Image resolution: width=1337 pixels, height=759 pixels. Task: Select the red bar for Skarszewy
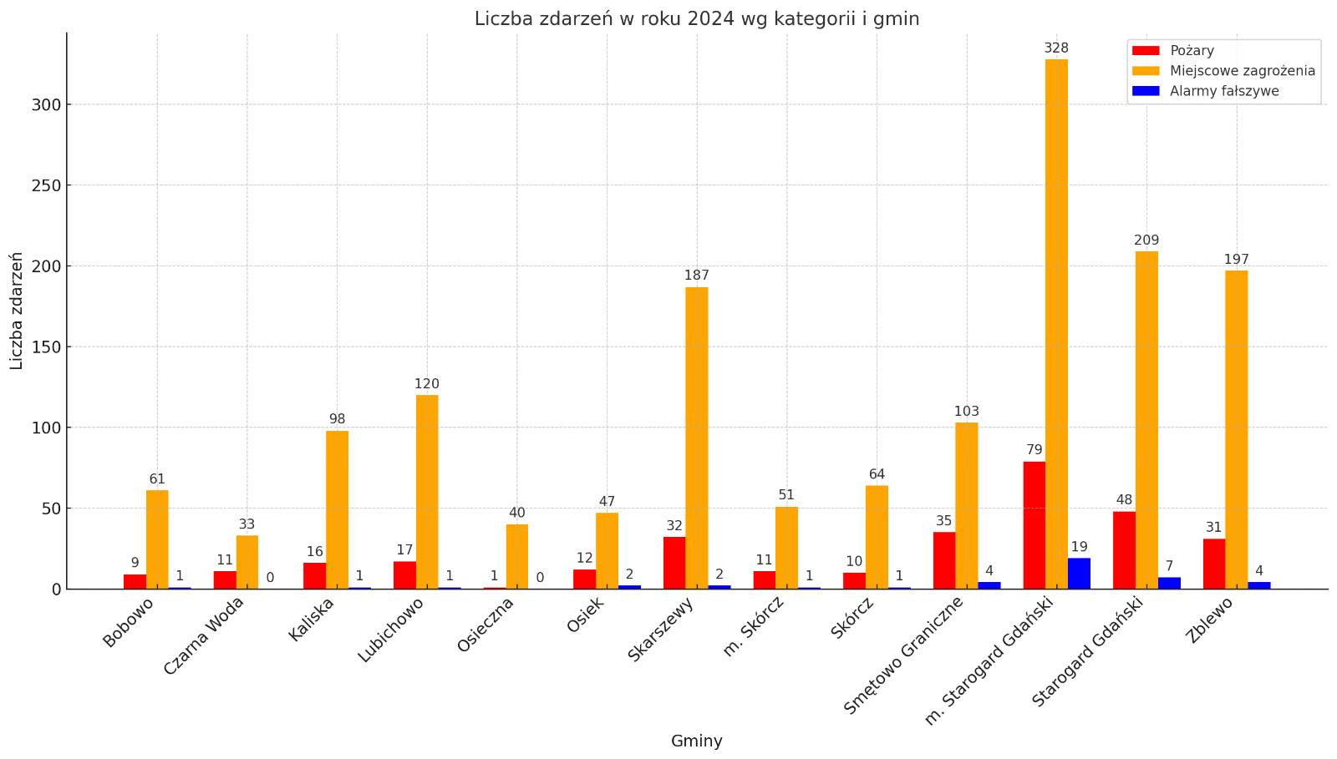(674, 563)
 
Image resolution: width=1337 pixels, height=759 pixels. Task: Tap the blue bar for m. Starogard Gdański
(1079, 574)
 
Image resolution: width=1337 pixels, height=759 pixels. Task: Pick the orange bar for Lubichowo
(427, 492)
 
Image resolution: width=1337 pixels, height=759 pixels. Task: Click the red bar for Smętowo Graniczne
(944, 560)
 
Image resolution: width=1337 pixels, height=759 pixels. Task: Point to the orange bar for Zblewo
(1236, 430)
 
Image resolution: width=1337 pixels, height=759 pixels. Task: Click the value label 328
(1056, 48)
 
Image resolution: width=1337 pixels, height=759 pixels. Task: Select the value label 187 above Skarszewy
(697, 276)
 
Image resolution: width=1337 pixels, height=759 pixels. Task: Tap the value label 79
(1035, 450)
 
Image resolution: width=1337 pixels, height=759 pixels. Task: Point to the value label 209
(1146, 240)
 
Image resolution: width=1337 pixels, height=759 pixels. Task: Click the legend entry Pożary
(1192, 51)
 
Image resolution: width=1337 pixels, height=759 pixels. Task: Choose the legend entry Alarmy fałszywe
(1223, 91)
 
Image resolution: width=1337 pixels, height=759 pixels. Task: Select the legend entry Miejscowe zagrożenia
(1242, 71)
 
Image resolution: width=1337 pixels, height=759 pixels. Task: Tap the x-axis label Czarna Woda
(204, 635)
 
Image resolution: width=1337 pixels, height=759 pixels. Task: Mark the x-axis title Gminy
(697, 741)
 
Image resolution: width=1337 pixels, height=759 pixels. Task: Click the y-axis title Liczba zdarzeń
(17, 311)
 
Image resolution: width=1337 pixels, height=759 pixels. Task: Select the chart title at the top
(697, 18)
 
